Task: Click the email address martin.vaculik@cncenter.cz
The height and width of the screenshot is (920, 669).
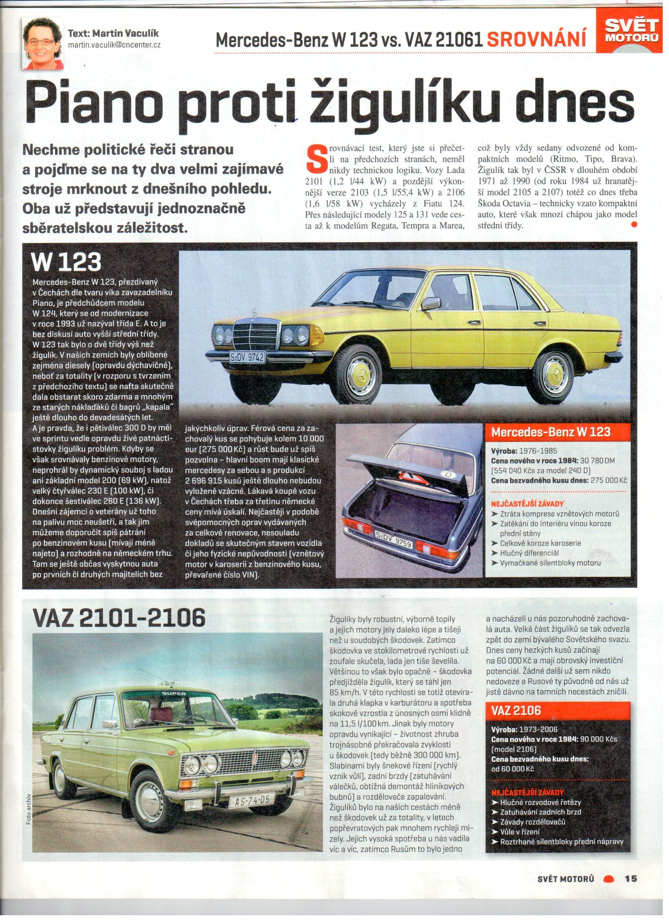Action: [x=114, y=45]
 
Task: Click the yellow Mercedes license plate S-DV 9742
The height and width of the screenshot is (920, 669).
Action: [x=247, y=357]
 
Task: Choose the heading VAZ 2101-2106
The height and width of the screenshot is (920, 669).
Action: [x=119, y=618]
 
